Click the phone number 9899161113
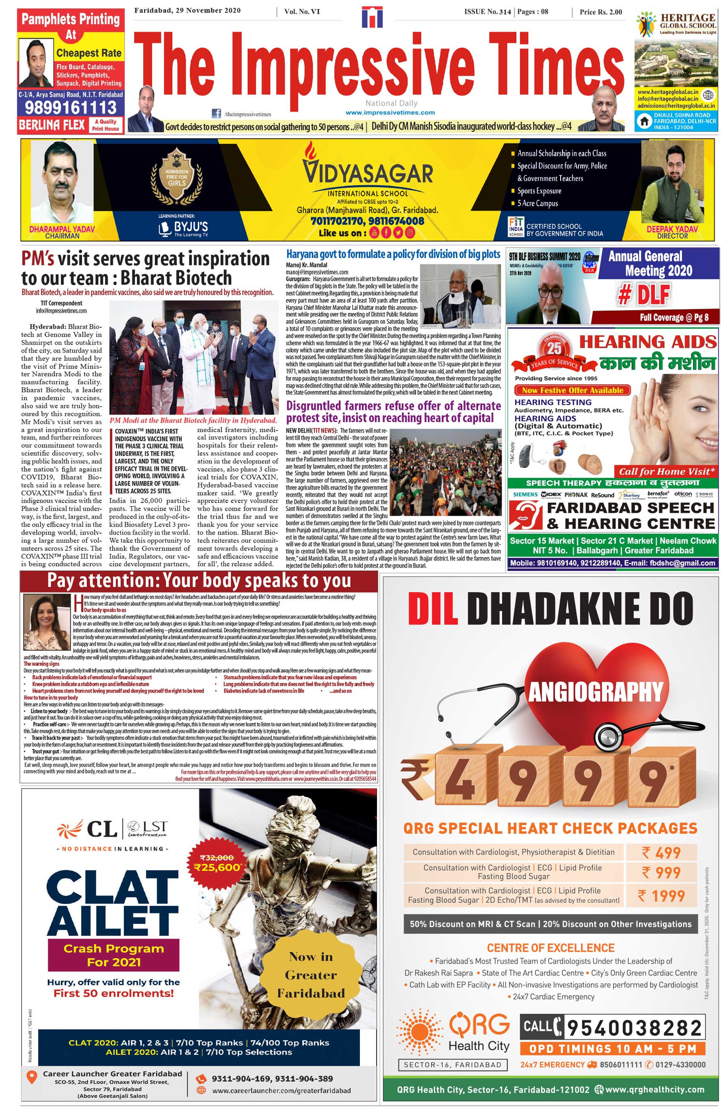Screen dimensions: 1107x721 [x=70, y=107]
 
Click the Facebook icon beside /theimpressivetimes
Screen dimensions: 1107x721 [x=216, y=113]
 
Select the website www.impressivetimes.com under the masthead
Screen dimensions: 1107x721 [x=390, y=113]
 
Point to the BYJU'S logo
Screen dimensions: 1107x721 [x=182, y=228]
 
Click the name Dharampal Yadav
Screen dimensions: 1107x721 [x=62, y=229]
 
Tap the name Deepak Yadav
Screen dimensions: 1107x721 [x=672, y=229]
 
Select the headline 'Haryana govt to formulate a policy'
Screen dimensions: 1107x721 [x=393, y=254]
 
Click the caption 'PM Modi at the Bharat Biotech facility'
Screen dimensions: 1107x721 [x=193, y=420]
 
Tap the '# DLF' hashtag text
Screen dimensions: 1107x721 [x=643, y=295]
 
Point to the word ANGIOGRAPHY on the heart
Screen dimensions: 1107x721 [x=595, y=692]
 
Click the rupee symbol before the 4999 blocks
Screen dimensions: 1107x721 [x=416, y=777]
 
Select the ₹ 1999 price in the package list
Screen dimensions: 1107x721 [x=661, y=895]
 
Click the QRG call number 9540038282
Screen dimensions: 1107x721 [x=634, y=1028]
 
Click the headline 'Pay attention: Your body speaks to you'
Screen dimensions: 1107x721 [x=199, y=581]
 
